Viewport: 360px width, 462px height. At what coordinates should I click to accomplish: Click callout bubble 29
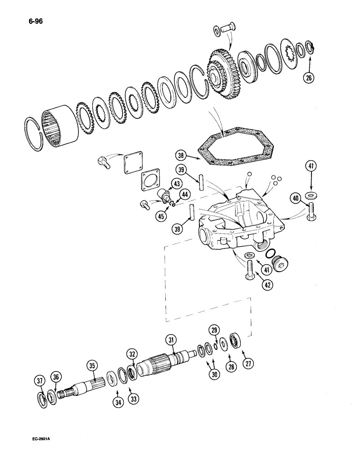tap(214, 330)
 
